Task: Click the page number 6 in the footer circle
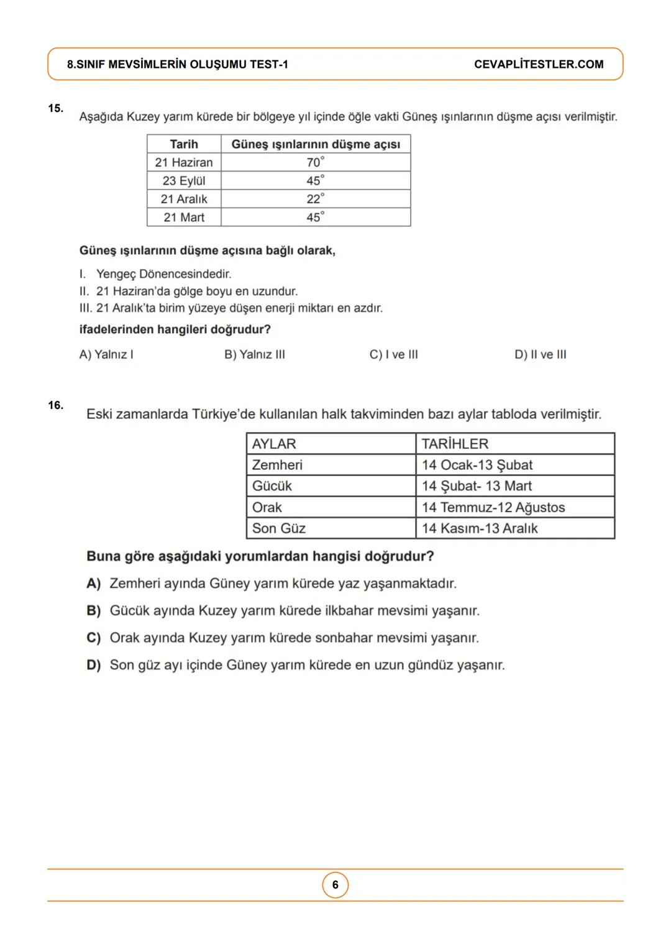coord(335,885)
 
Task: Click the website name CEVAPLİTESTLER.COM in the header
coord(539,65)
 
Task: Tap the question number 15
coord(55,108)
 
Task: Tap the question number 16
coord(55,405)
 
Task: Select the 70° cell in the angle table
coord(316,162)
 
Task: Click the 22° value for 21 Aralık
coord(316,199)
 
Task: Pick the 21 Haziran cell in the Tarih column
coord(184,162)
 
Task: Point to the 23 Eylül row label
coord(184,181)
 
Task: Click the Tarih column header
coord(184,144)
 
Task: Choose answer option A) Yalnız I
coord(106,354)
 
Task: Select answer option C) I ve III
coord(393,354)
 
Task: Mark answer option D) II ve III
coord(540,354)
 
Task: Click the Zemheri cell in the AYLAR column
coord(277,465)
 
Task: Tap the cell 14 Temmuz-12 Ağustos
coord(493,507)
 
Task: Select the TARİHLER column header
coord(455,444)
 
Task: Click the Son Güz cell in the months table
coord(279,528)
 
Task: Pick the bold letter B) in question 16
coord(94,611)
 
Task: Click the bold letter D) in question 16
coord(94,665)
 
